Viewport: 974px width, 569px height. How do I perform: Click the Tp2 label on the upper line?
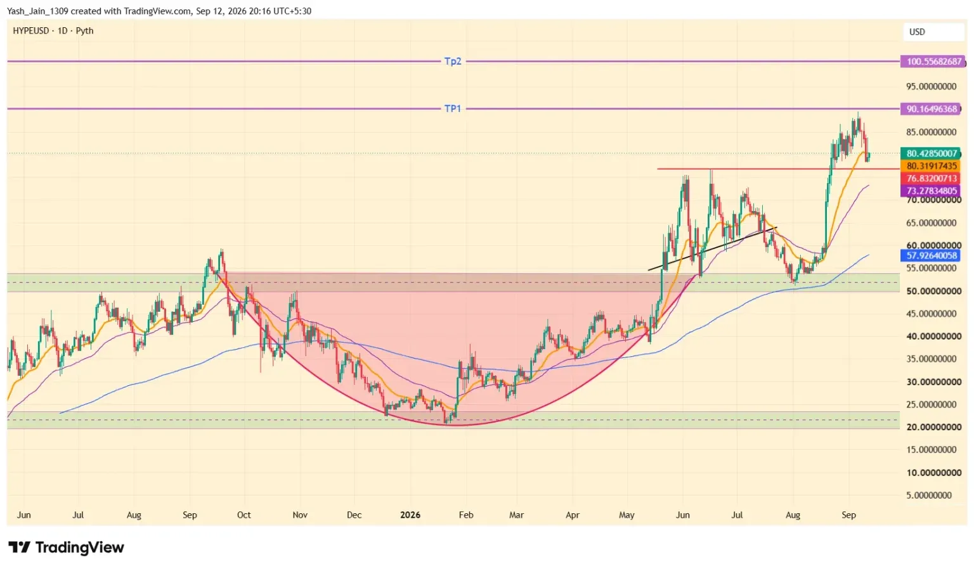click(x=453, y=61)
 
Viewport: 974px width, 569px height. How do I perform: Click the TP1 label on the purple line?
click(x=453, y=108)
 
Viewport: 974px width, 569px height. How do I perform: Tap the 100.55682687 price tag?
click(x=933, y=61)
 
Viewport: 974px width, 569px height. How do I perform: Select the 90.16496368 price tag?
click(x=931, y=109)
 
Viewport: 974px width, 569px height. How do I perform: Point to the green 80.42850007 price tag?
click(x=931, y=153)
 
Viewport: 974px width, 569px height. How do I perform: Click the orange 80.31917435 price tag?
click(x=931, y=166)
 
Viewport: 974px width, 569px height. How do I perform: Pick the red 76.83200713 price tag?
click(x=931, y=178)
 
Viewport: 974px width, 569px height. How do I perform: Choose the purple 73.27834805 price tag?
click(x=931, y=191)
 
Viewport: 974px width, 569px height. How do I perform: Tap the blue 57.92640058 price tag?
click(x=931, y=255)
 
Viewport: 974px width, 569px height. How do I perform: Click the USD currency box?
click(x=934, y=32)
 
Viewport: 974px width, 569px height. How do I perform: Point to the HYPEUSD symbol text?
click(x=31, y=31)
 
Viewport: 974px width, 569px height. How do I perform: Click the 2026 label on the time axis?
click(x=410, y=515)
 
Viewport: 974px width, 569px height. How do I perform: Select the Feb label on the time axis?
click(x=465, y=515)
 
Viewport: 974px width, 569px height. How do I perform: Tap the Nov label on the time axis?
click(x=300, y=515)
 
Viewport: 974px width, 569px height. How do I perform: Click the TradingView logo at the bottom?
click(x=66, y=547)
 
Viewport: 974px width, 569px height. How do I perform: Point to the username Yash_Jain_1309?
click(x=37, y=11)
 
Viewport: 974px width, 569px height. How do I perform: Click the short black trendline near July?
click(x=712, y=248)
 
